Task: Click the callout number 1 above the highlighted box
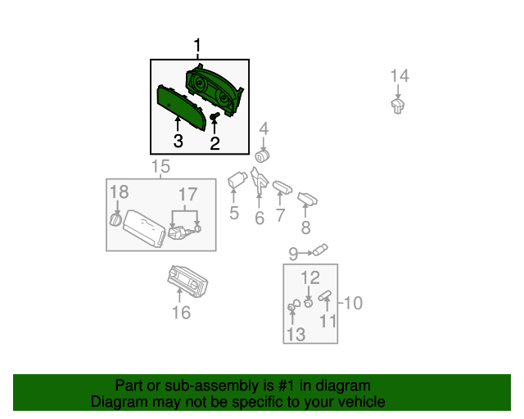click(197, 46)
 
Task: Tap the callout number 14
click(400, 76)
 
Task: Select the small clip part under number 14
click(398, 106)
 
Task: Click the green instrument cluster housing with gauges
click(215, 89)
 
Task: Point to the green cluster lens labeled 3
click(180, 106)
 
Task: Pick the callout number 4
click(264, 128)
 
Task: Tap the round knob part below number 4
click(262, 156)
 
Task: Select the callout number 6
click(260, 219)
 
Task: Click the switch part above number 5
click(237, 179)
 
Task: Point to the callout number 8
click(305, 228)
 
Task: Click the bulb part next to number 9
click(320, 250)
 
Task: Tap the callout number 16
click(181, 313)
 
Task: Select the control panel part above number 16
click(187, 281)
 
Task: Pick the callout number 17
click(187, 194)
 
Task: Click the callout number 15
click(160, 166)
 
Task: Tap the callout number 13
click(296, 334)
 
